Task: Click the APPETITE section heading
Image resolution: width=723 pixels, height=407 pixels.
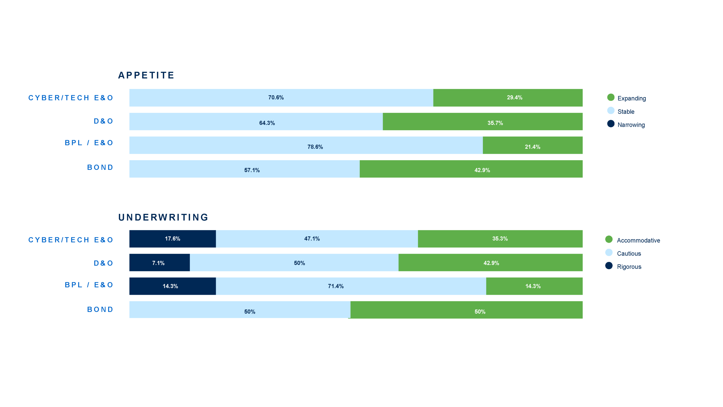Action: pyautogui.click(x=146, y=75)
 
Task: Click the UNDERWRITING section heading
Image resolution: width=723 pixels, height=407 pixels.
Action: pyautogui.click(x=163, y=217)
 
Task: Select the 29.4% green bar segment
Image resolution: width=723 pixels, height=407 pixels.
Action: pyautogui.click(x=508, y=98)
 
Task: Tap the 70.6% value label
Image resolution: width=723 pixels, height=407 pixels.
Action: pyautogui.click(x=276, y=98)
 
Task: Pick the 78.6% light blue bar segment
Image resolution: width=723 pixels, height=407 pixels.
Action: pyautogui.click(x=306, y=145)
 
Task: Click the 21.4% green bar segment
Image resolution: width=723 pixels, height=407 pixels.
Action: pyautogui.click(x=532, y=145)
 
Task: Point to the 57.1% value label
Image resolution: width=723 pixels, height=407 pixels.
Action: pyautogui.click(x=252, y=170)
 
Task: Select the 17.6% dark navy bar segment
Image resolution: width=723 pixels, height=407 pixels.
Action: pyautogui.click(x=173, y=239)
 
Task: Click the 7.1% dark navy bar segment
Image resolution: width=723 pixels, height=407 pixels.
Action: pyautogui.click(x=159, y=263)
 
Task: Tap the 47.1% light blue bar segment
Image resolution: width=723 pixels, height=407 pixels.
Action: pyautogui.click(x=317, y=239)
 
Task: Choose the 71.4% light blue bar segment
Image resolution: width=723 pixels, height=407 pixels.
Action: pyautogui.click(x=351, y=286)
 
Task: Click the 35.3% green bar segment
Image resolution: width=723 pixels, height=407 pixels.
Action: pyautogui.click(x=500, y=239)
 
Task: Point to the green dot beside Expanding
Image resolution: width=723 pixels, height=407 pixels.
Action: pyautogui.click(x=611, y=97)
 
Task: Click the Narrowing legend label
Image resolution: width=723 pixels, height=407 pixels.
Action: pyautogui.click(x=631, y=125)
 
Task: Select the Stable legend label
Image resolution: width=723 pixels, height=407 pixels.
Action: pyautogui.click(x=626, y=112)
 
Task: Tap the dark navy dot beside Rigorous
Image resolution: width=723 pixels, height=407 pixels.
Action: pyautogui.click(x=609, y=266)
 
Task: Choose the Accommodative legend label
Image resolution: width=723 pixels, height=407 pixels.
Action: pyautogui.click(x=638, y=240)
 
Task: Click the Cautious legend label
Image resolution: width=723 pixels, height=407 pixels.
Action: pyautogui.click(x=629, y=254)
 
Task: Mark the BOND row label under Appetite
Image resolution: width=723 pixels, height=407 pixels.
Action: pyautogui.click(x=100, y=167)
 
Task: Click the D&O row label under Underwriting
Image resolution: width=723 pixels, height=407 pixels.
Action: pyautogui.click(x=103, y=263)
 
